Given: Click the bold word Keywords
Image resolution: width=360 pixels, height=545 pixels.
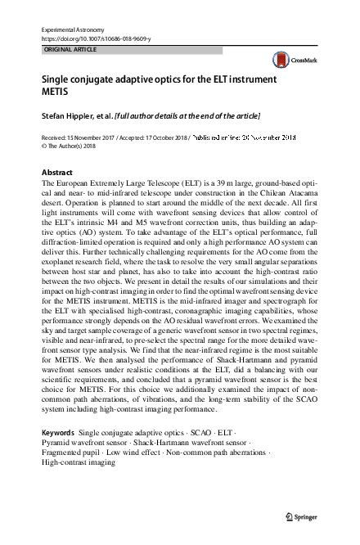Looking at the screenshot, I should pyautogui.click(x=57, y=430).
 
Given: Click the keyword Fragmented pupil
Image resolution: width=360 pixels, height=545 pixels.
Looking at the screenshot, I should pyautogui.click(x=74, y=451).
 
